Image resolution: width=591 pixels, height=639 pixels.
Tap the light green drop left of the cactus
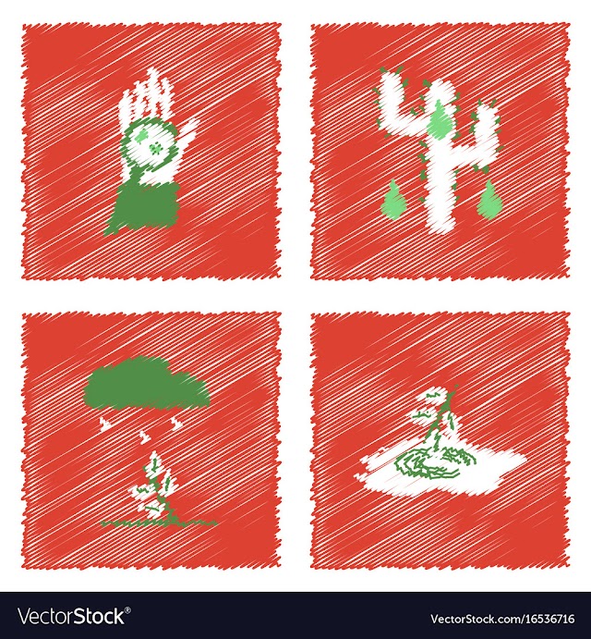391,200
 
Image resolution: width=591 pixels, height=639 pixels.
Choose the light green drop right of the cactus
488,200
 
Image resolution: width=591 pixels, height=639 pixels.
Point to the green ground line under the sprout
159,522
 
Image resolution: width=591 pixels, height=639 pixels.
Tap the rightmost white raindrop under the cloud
175,423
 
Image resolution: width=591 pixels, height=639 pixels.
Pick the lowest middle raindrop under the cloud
143,438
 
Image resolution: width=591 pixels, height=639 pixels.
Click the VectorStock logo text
72,616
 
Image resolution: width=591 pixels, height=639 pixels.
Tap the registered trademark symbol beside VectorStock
128,610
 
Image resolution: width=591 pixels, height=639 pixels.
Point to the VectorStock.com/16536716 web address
501,619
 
